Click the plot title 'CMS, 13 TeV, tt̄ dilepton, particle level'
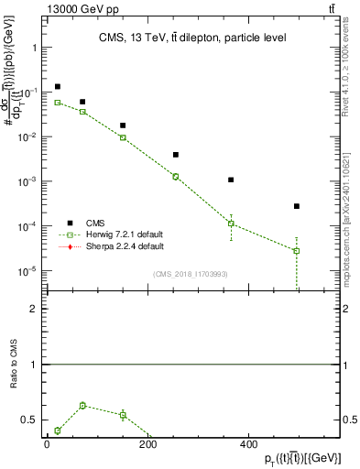186,38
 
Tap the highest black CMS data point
57,87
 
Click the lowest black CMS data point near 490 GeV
297,206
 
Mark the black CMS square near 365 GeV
231,180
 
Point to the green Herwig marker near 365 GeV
231,224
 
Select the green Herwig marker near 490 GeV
297,251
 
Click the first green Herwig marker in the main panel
57,103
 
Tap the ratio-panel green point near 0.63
82,405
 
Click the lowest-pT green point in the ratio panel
57,431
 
